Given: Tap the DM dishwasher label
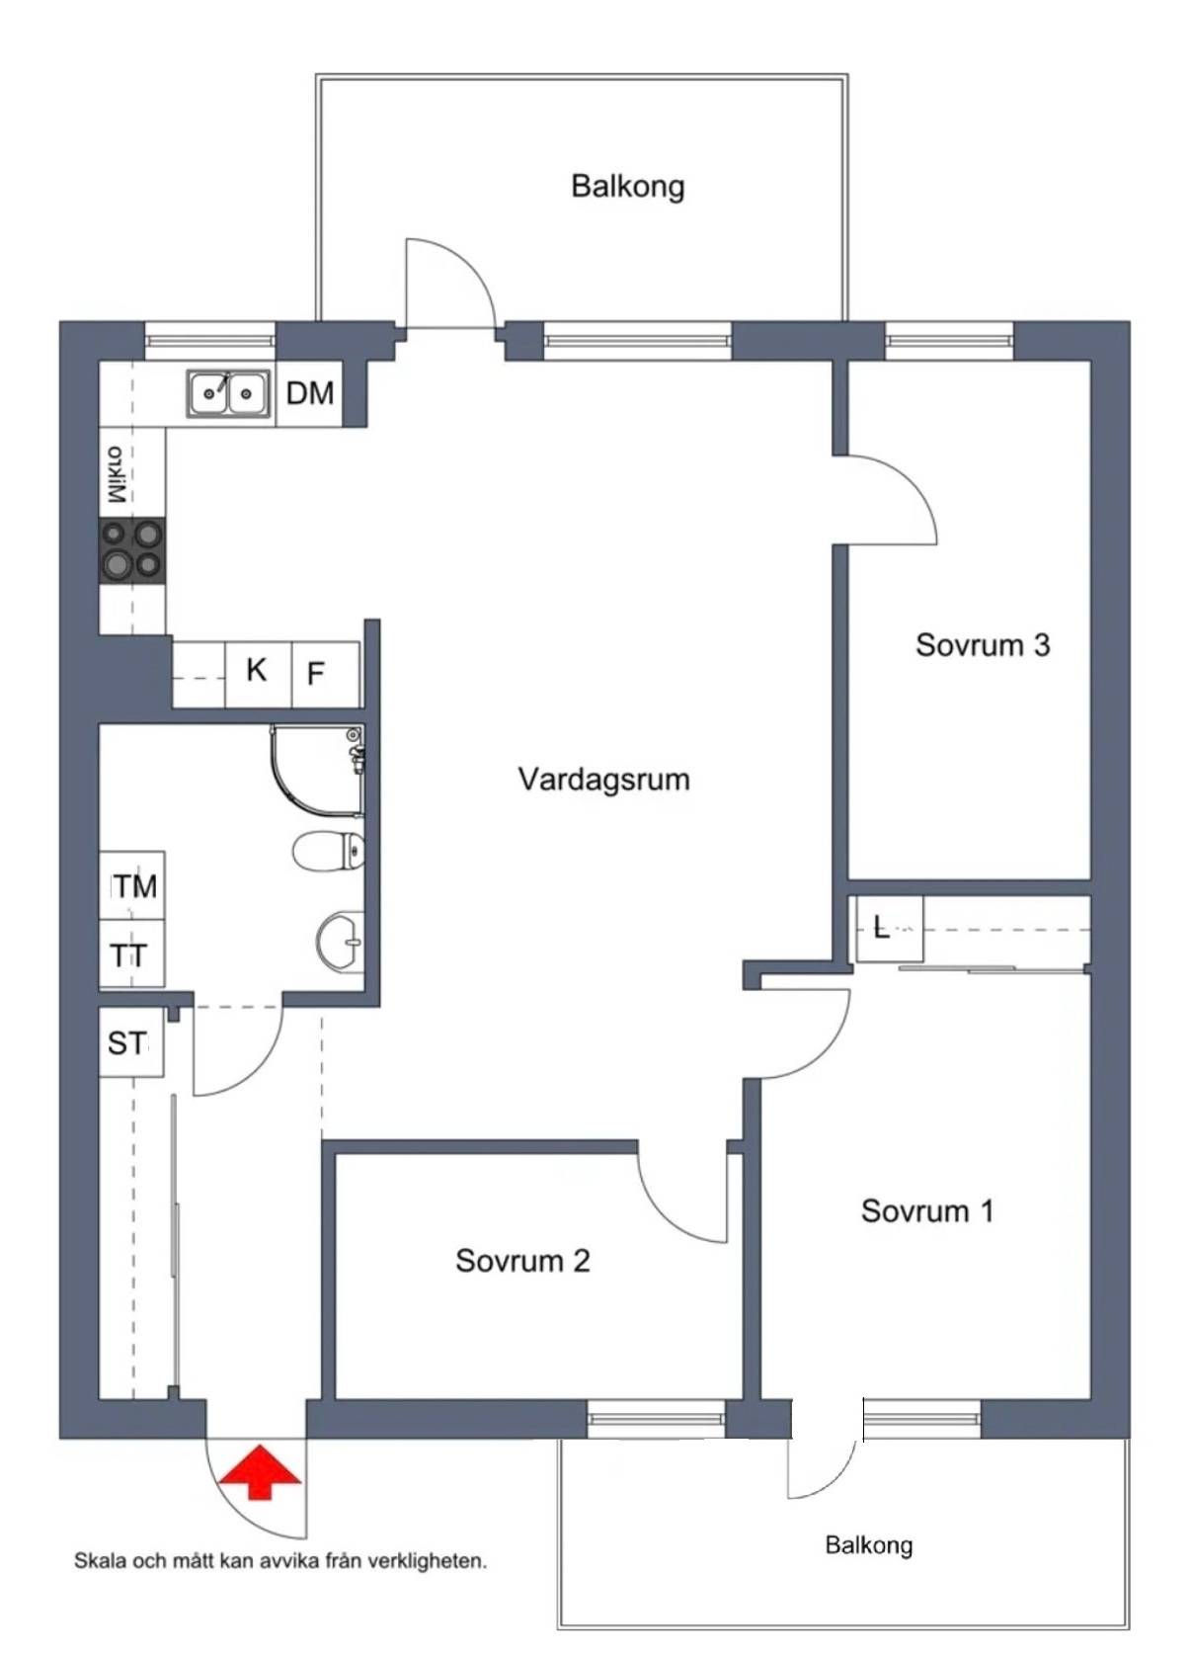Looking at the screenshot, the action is (310, 393).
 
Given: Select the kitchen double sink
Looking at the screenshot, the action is (226, 393).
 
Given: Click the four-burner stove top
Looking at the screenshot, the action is (132, 548).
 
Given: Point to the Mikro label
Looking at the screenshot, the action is (117, 474).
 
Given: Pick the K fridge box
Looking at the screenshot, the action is (259, 673).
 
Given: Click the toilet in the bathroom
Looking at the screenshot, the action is (329, 850).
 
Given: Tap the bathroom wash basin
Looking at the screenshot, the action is (341, 942).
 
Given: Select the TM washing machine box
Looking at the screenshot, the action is (132, 885).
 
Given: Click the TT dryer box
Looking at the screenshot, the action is (132, 953).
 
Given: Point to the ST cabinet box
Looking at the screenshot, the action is (131, 1041).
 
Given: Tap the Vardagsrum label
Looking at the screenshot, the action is (603, 780).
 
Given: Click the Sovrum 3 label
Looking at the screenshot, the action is (982, 644).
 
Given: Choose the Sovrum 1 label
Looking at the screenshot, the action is (926, 1211).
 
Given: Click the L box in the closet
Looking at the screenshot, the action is (890, 929).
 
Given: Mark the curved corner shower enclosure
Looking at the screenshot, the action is (317, 770).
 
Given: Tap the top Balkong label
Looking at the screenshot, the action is (627, 186).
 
